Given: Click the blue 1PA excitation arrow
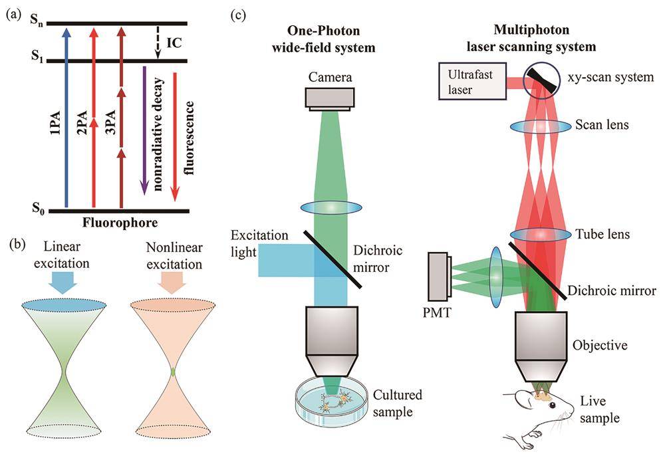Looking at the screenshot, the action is point(66,118).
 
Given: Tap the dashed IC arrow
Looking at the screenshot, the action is point(158,42).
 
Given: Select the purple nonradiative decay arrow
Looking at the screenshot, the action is point(144,130).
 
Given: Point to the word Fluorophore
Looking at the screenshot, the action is point(120,223).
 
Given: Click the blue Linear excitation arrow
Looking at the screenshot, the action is point(63,283).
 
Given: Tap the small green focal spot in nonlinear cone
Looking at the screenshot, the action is point(173,372).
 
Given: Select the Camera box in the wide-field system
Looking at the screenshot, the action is point(330,99).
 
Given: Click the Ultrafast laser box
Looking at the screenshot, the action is point(472,82).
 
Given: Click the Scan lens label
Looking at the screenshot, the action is point(602,125).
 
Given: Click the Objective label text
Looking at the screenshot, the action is point(600,345).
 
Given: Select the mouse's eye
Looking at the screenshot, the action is point(553,406).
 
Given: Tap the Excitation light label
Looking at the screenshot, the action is point(259,244).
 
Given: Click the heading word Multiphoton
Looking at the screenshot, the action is point(531,30).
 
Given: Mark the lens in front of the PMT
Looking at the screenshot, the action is point(496,276).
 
